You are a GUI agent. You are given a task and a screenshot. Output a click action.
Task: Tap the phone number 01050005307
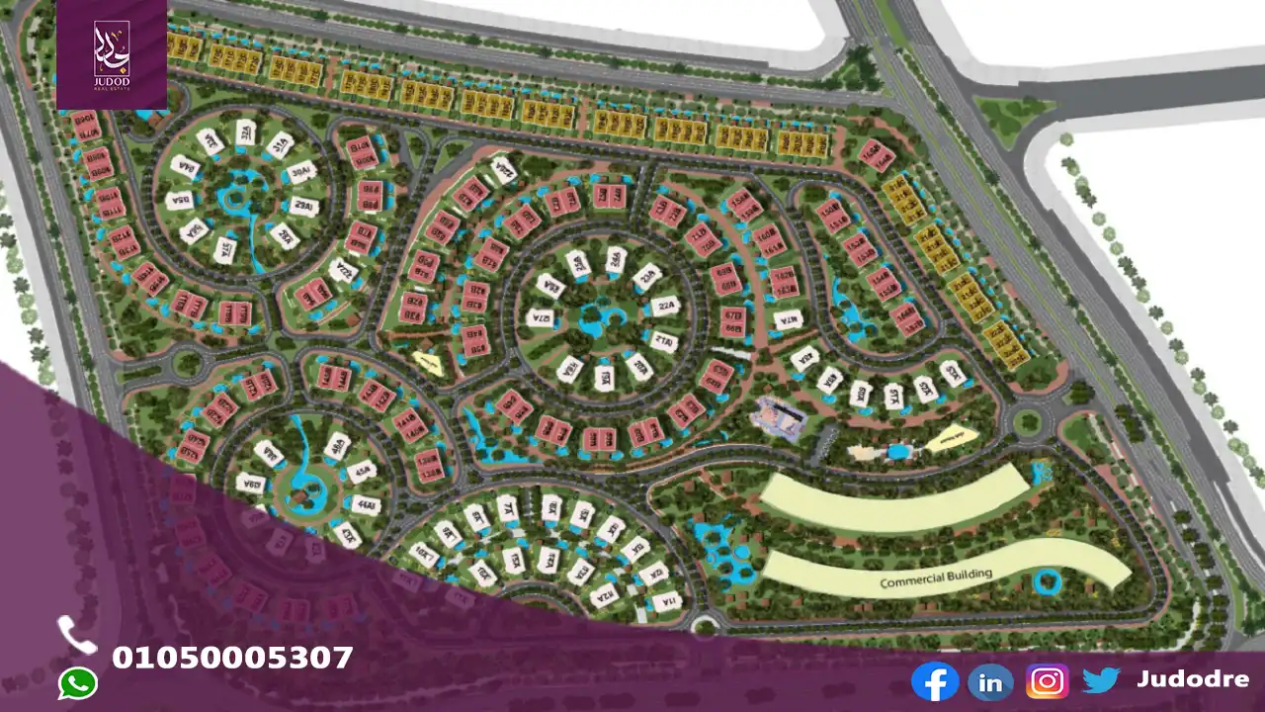(232, 658)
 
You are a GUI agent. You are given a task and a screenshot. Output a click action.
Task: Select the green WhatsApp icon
(77, 683)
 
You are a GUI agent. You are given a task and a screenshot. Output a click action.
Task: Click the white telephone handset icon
(77, 635)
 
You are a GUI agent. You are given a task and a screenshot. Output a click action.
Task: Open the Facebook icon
(934, 681)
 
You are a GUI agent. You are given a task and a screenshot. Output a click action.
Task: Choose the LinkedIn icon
(990, 681)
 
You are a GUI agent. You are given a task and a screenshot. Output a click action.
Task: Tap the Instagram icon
(1047, 681)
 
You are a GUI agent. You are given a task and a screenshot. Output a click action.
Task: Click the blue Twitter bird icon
(1101, 680)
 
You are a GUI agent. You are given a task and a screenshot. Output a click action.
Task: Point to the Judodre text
(1192, 679)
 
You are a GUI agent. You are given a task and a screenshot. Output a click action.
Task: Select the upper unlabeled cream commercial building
(895, 499)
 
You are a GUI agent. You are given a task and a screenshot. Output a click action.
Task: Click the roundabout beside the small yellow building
(1028, 423)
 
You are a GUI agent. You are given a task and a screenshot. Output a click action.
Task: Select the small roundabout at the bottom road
(704, 624)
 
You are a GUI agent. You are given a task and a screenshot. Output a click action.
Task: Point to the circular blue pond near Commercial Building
(1045, 581)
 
